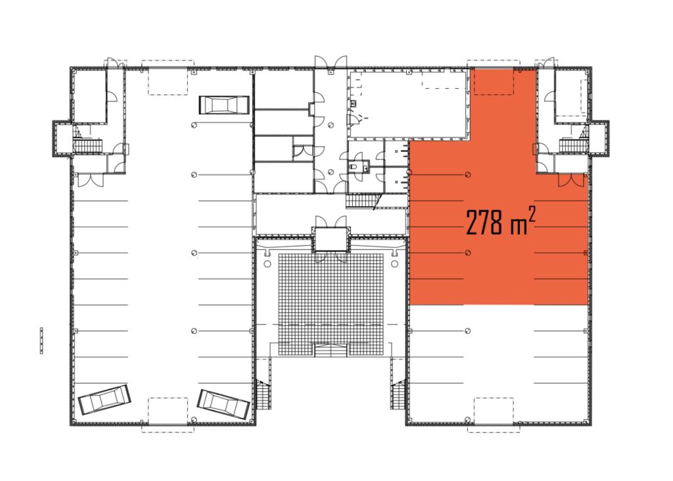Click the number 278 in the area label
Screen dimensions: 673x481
(485, 222)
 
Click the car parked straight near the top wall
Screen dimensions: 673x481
(224, 105)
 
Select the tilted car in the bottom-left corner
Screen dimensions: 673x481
(104, 400)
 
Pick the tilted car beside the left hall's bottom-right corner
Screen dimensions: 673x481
(223, 404)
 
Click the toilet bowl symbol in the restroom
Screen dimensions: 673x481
(353, 166)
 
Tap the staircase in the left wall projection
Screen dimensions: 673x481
(88, 145)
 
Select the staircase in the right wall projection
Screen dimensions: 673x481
(573, 145)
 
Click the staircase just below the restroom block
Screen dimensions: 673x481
(361, 201)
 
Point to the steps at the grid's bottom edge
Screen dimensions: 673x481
(331, 350)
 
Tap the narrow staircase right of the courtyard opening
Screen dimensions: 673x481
(398, 395)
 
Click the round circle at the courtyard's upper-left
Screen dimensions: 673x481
(267, 263)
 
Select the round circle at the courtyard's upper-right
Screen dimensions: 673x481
(394, 263)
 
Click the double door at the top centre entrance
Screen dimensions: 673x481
(331, 62)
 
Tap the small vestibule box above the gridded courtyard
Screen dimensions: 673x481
(331, 239)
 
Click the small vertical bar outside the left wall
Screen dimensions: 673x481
(41, 340)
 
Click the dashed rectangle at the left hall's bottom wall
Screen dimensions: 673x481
(168, 415)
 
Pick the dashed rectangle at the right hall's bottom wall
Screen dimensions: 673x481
(494, 415)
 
